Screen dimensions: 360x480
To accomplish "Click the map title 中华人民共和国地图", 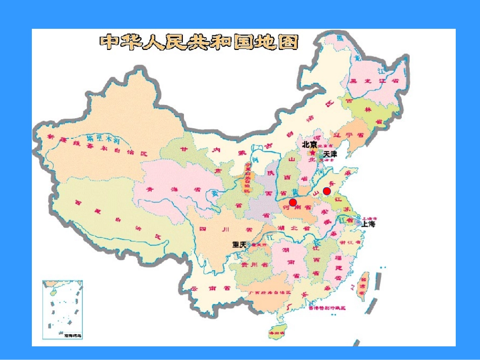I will [x=199, y=42].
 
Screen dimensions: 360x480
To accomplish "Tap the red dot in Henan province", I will [x=293, y=202].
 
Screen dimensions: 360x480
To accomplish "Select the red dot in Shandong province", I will [x=327, y=191].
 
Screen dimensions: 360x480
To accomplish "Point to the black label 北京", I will [x=309, y=144].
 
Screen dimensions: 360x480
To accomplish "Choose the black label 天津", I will [x=330, y=153].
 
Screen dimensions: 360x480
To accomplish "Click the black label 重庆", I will [x=239, y=244].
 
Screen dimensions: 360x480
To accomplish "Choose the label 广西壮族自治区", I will [x=270, y=292].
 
